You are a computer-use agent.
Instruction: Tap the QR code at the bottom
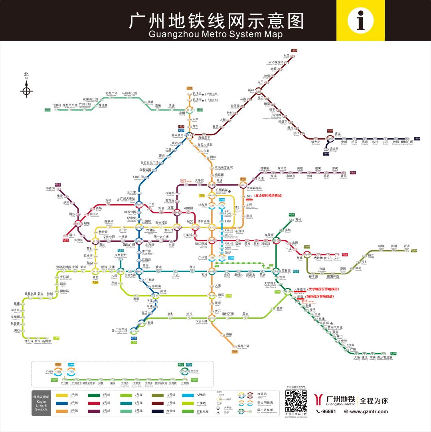[296, 401]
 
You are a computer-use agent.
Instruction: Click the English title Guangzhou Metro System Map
[215, 34]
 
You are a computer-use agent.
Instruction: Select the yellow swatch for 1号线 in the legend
[61, 395]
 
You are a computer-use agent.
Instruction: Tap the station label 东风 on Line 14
[286, 55]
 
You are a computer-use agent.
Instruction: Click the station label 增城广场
[407, 142]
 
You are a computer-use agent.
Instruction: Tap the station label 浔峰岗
[50, 188]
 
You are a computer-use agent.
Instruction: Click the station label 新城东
[47, 341]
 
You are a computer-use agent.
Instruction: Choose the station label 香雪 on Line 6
[343, 175]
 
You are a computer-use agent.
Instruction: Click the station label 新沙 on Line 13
[406, 246]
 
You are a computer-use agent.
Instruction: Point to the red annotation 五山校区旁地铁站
[268, 196]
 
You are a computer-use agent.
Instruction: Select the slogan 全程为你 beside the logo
[373, 400]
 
